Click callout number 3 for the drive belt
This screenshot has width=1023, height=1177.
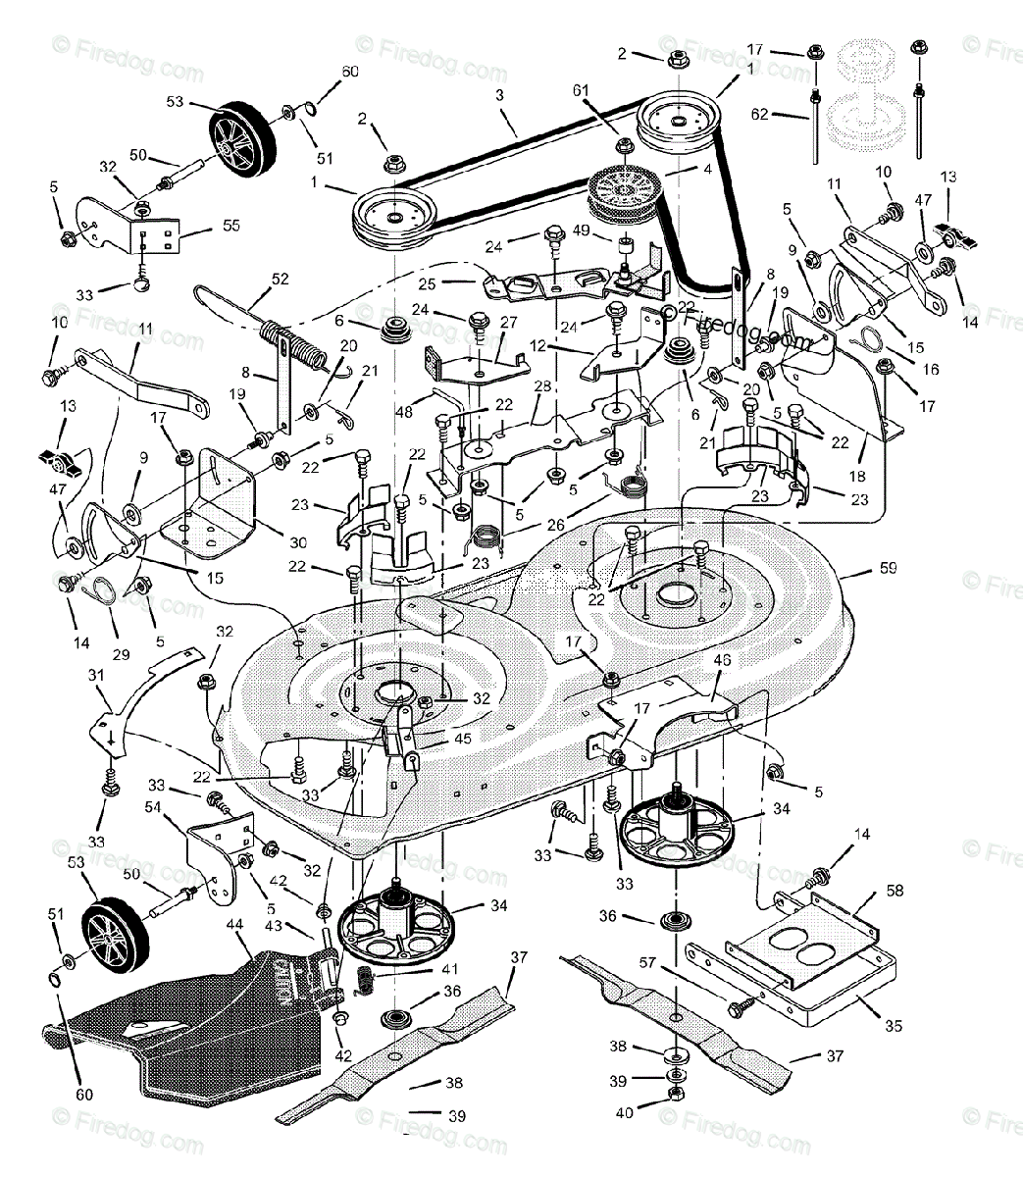499,95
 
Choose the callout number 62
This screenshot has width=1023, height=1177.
761,114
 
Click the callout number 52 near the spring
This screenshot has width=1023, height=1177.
281,279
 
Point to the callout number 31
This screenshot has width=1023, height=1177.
96,675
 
